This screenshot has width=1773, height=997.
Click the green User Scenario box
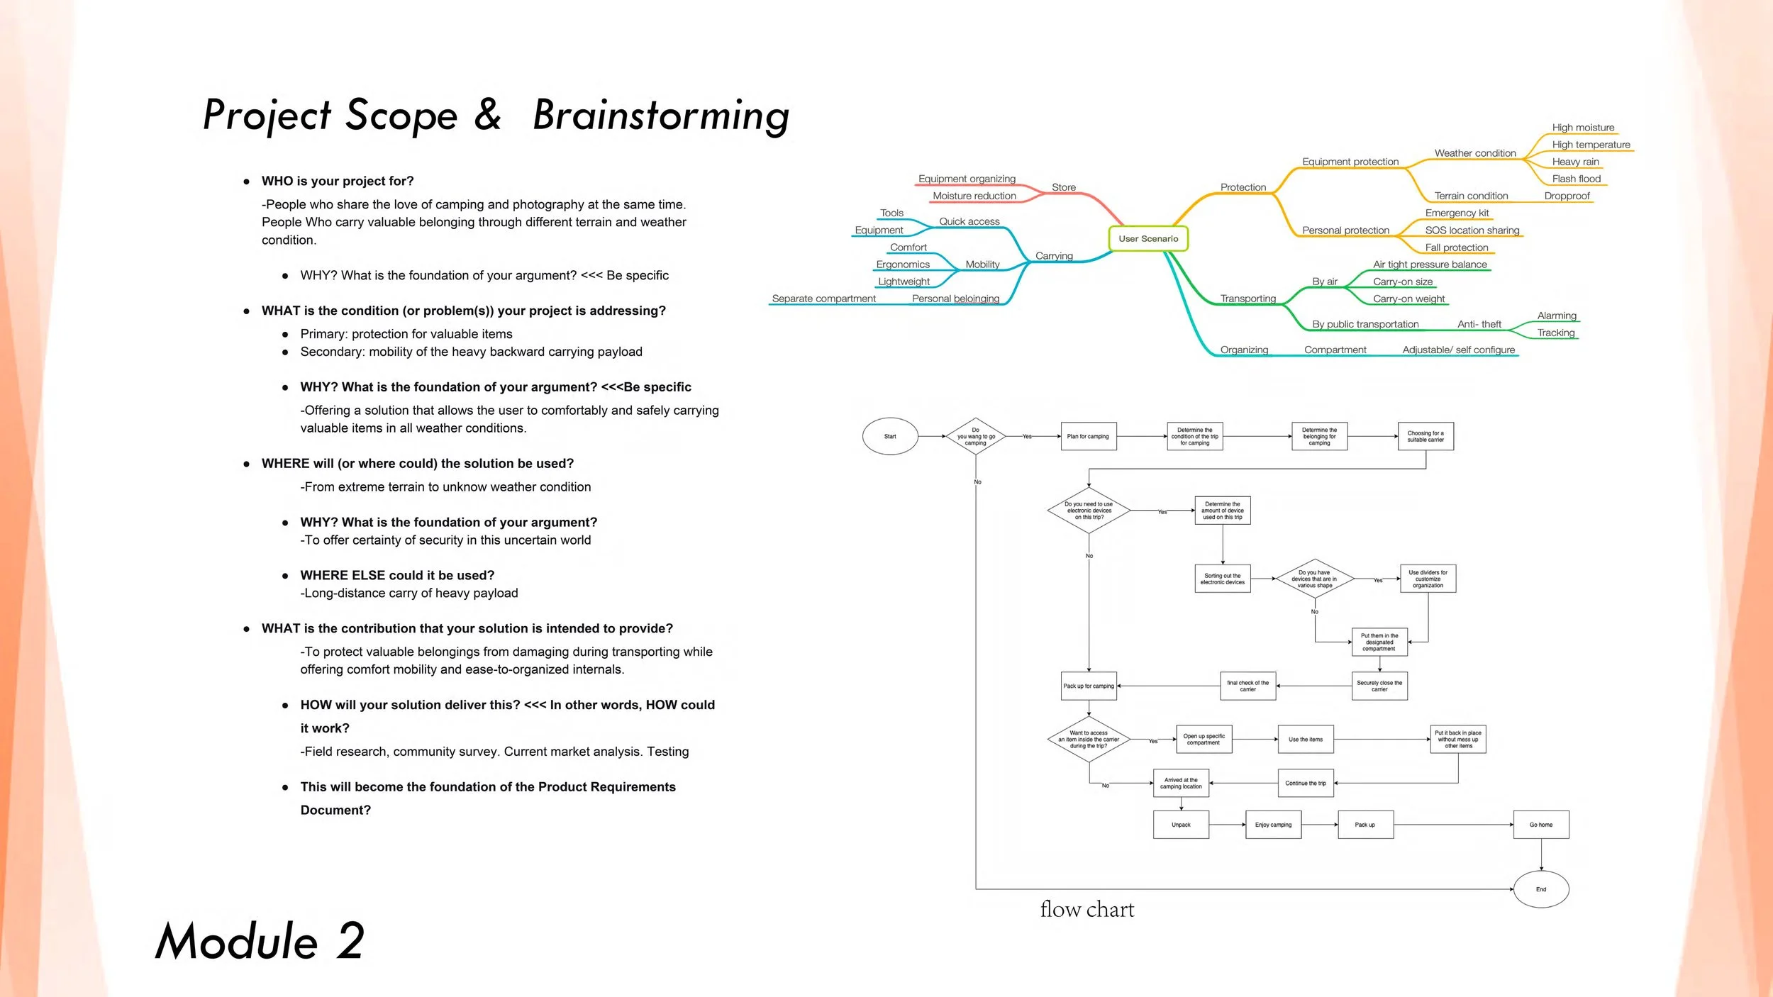click(1147, 238)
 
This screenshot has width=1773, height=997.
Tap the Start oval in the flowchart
click(890, 436)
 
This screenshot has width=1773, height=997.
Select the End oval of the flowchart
click(1540, 889)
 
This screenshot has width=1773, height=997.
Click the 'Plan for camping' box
click(1088, 436)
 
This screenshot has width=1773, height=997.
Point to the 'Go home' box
click(1540, 825)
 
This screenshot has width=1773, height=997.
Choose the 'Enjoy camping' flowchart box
click(1273, 825)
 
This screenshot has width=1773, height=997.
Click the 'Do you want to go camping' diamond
click(976, 436)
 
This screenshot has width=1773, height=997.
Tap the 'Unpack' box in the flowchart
click(1181, 825)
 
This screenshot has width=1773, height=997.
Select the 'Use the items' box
click(1305, 739)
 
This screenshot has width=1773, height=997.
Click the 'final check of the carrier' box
click(1247, 686)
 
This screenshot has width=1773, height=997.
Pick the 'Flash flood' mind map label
click(1576, 179)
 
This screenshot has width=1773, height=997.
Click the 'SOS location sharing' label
click(1472, 230)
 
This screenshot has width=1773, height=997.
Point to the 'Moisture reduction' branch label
click(974, 196)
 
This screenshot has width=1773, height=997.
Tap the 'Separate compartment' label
click(823, 299)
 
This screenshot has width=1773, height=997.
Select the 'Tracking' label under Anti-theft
click(1555, 333)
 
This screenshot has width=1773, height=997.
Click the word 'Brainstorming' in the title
click(661, 116)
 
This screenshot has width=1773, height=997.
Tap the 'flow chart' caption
click(1086, 909)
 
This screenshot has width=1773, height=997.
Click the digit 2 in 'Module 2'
click(350, 941)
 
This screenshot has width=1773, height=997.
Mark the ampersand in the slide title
click(488, 115)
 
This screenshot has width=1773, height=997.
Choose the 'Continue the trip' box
click(1305, 783)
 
